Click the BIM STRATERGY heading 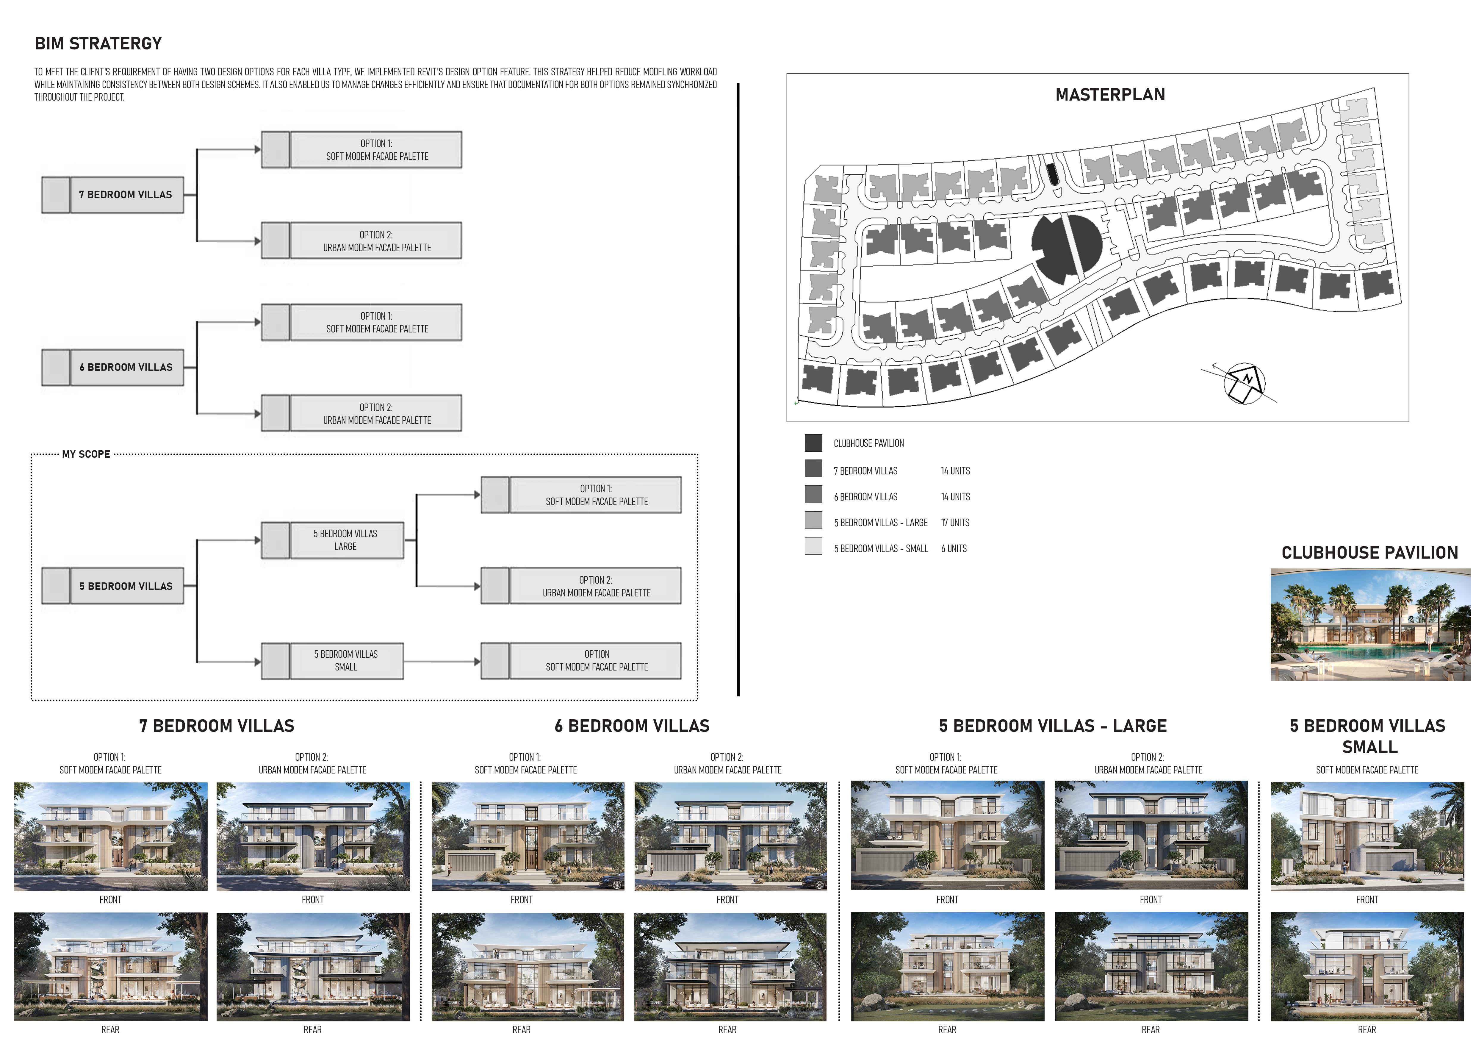98,44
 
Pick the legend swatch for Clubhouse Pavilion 813,443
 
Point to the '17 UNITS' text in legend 955,523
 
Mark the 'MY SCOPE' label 86,454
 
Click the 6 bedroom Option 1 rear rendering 528,966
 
